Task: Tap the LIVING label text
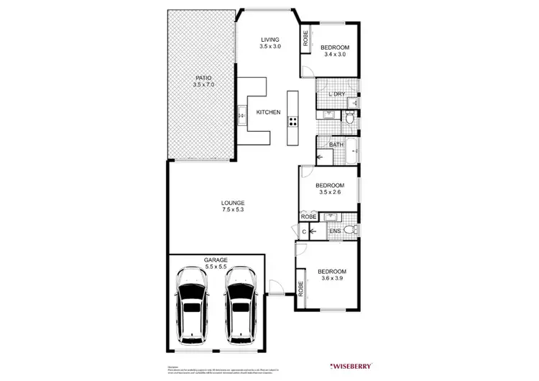pyautogui.click(x=270, y=40)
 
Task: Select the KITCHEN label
pyautogui.click(x=269, y=112)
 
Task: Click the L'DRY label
pyautogui.click(x=336, y=95)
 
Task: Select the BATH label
pyautogui.click(x=336, y=144)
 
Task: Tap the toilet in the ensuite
pyautogui.click(x=349, y=230)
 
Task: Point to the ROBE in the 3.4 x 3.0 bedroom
pyautogui.click(x=305, y=40)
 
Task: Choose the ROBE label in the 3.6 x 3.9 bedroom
pyautogui.click(x=300, y=288)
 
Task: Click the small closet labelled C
pyautogui.click(x=305, y=231)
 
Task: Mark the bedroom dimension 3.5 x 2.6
pyautogui.click(x=329, y=192)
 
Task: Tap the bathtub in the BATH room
pyautogui.click(x=352, y=152)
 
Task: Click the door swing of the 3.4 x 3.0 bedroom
pyautogui.click(x=306, y=70)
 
